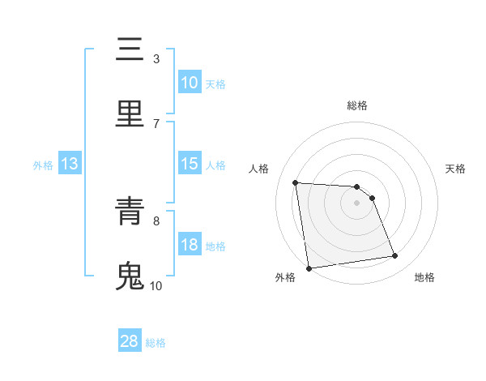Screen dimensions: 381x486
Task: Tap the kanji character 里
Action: tap(130, 113)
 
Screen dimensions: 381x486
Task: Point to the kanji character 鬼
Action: tap(130, 276)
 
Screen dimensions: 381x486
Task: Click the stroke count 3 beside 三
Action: tap(156, 58)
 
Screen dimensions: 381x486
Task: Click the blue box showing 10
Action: tap(189, 83)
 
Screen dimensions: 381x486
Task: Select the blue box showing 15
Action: tap(189, 164)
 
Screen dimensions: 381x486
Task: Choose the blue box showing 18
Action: tap(189, 245)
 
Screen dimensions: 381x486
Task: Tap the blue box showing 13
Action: tap(70, 164)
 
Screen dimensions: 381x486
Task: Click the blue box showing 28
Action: tap(130, 341)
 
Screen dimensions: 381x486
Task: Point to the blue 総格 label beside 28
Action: tap(156, 343)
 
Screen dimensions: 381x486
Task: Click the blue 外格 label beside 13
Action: tap(43, 165)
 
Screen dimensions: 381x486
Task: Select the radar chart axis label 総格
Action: tap(357, 105)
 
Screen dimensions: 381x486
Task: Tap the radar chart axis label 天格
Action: tap(456, 169)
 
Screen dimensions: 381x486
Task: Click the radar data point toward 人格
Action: tap(296, 182)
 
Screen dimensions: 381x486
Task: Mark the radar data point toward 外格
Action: tap(309, 268)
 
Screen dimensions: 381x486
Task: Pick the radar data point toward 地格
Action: tap(395, 256)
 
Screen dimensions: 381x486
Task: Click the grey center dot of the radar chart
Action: tap(357, 203)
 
